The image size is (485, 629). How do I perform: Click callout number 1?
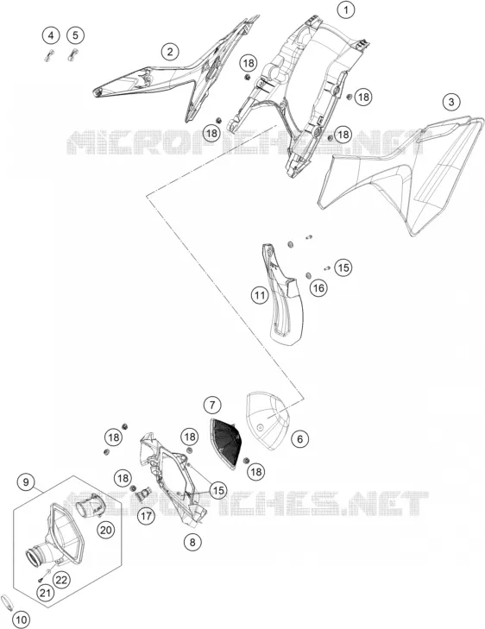346,9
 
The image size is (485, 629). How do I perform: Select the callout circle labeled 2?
171,52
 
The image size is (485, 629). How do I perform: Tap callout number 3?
451,102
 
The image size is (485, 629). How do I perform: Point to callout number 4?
51,35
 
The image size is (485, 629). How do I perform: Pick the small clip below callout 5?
72,54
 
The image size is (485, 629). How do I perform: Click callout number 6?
300,439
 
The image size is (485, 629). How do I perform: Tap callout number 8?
192,542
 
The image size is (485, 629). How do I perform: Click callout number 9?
26,481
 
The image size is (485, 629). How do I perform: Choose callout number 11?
260,296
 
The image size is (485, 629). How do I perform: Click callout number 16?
318,288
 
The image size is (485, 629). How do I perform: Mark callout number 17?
146,515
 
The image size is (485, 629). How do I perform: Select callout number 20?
105,531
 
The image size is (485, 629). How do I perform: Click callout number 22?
62,579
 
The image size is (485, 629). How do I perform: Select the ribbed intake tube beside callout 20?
88,504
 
